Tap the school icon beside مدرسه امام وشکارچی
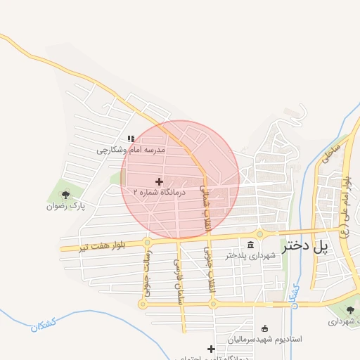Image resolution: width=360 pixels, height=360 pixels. [x=130, y=139]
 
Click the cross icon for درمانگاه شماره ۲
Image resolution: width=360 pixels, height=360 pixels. [x=160, y=181]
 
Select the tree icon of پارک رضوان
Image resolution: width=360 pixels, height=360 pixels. [x=66, y=195]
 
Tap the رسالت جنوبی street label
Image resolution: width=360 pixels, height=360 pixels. [x=147, y=275]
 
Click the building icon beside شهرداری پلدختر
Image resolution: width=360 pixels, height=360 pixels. [x=252, y=244]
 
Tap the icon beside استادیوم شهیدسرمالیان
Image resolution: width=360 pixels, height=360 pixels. [x=264, y=328]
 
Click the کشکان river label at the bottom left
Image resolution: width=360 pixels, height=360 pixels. [x=44, y=325]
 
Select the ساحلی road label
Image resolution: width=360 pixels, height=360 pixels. [x=331, y=153]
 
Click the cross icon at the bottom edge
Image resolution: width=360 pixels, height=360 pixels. [x=211, y=349]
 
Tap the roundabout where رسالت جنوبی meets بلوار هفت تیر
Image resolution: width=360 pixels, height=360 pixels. [x=147, y=243]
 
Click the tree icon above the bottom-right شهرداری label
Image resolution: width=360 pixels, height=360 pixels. [x=350, y=310]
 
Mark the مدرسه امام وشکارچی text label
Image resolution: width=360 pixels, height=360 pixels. [x=130, y=150]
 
